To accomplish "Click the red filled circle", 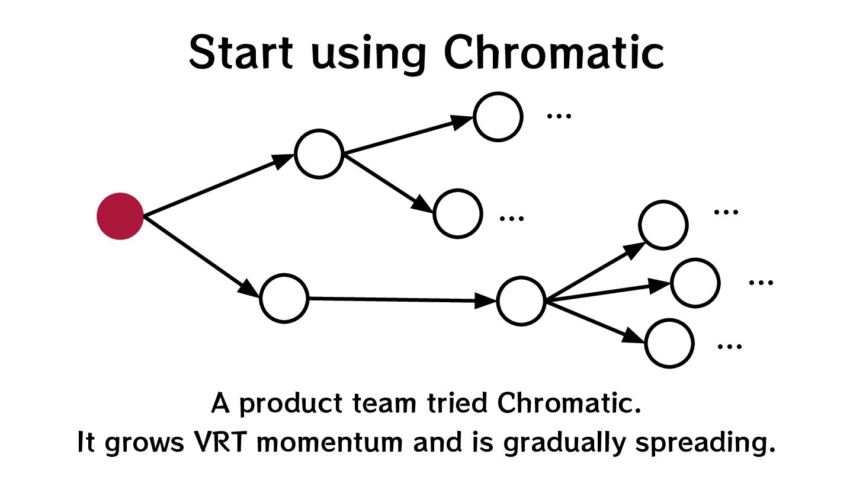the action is pyautogui.click(x=120, y=216).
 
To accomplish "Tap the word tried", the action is pyautogui.click(x=459, y=404).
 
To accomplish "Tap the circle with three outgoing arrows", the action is pyautogui.click(x=521, y=301).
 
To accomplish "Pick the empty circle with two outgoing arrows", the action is pyautogui.click(x=319, y=154).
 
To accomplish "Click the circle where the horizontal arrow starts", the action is pyautogui.click(x=284, y=298).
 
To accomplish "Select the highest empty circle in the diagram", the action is pyautogui.click(x=498, y=116).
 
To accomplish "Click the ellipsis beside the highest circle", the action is pyautogui.click(x=559, y=115).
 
